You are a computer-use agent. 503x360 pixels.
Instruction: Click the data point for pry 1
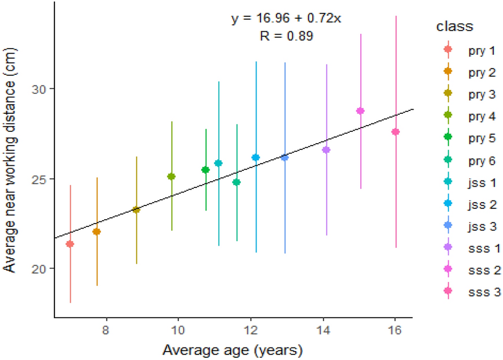click(x=70, y=244)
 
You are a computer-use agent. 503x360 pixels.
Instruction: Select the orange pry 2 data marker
click(x=96, y=232)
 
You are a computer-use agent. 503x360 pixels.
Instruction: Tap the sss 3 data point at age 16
click(x=395, y=132)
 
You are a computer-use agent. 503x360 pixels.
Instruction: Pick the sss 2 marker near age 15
click(x=360, y=111)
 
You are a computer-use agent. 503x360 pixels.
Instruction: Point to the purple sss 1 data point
click(x=326, y=150)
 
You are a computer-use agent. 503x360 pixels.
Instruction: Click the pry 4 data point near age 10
click(x=171, y=177)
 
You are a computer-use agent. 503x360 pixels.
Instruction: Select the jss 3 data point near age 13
click(x=284, y=158)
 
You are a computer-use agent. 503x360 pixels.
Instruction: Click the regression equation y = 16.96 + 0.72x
click(x=286, y=19)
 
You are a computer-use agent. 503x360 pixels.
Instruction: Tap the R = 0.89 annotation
click(x=286, y=36)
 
